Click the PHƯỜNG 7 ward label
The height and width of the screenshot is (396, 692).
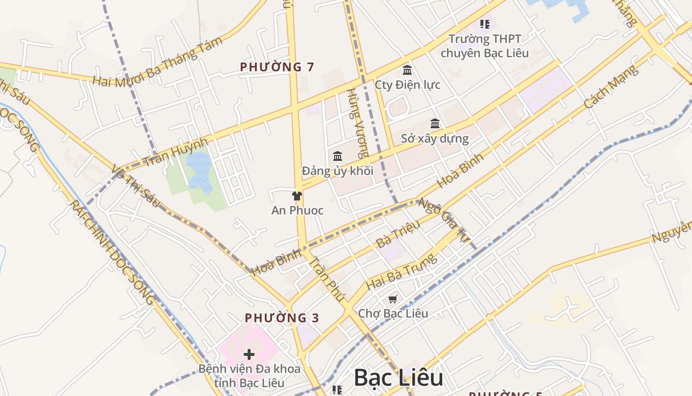point(277,67)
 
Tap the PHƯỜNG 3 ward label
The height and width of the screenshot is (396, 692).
point(282,318)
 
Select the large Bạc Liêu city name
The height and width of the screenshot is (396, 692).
point(398,378)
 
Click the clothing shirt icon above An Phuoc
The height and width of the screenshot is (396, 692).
point(297,196)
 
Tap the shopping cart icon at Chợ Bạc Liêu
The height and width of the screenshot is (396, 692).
point(392,299)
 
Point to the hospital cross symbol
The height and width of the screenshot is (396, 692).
point(249,354)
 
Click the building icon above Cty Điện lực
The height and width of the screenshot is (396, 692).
point(407,70)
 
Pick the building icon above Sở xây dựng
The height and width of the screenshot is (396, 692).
point(435,123)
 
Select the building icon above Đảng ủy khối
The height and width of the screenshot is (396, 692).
point(338,156)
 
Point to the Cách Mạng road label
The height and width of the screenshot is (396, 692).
point(611,87)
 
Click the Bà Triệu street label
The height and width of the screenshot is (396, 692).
point(398,234)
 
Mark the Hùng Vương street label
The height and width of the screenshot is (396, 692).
point(358,123)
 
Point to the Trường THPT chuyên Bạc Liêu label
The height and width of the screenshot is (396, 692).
point(484,46)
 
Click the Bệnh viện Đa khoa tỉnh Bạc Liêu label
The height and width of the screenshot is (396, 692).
point(249,376)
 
